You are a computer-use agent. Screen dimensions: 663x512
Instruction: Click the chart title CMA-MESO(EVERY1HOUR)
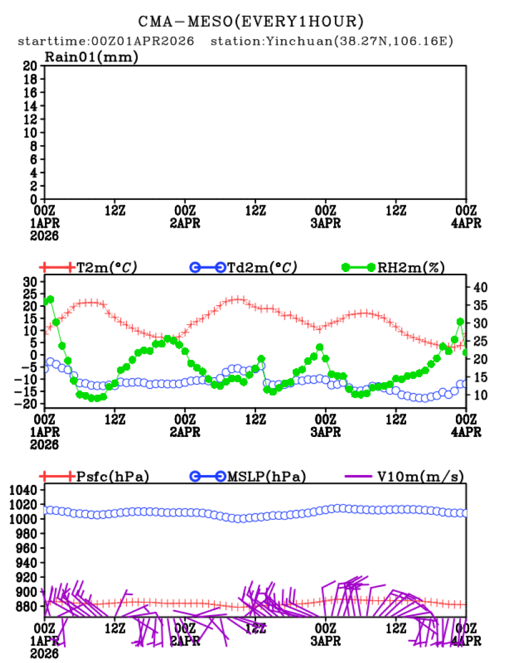pyautogui.click(x=250, y=22)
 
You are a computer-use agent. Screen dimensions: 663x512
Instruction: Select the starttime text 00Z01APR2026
pyautogui.click(x=143, y=42)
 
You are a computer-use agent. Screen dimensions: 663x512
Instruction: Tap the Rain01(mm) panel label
pyautogui.click(x=92, y=57)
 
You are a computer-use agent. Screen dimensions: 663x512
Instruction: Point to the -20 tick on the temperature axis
pyautogui.click(x=28, y=403)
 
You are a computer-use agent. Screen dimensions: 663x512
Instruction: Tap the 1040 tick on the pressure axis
pyautogui.click(x=25, y=491)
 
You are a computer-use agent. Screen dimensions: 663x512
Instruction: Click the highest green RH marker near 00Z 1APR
pyautogui.click(x=50, y=299)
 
